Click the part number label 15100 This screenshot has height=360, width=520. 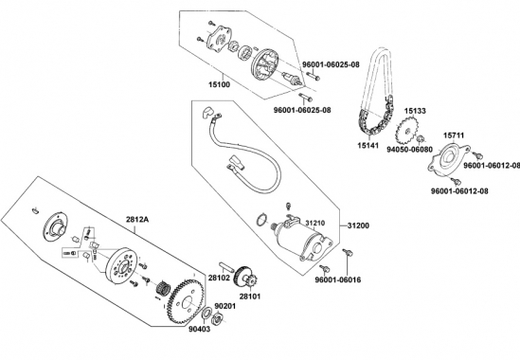[219, 84]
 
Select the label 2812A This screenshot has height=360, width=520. [136, 220]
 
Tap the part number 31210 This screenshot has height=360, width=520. [315, 224]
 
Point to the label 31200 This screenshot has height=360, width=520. [358, 225]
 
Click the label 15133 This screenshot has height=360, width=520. [415, 111]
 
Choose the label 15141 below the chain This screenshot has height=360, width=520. [368, 146]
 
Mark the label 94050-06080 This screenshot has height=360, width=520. [409, 150]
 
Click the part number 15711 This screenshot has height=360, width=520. [454, 135]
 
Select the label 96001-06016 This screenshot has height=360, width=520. [338, 280]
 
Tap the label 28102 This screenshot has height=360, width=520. [219, 278]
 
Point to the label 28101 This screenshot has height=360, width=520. [250, 297]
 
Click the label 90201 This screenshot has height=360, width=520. [225, 306]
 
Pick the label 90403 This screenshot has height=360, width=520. [200, 329]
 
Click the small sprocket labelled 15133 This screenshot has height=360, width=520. [405, 131]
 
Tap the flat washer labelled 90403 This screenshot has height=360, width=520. [207, 314]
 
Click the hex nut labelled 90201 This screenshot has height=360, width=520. [218, 318]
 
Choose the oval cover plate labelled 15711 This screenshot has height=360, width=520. [448, 157]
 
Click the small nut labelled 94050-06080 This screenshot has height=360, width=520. [421, 138]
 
